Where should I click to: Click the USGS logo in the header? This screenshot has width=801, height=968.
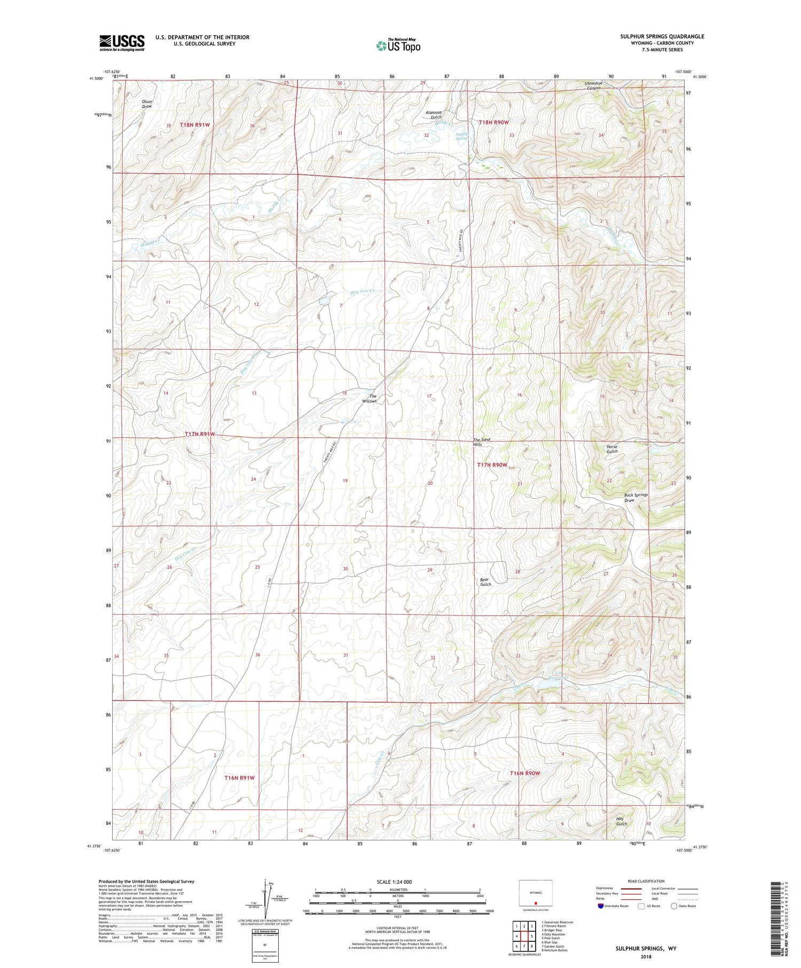(x=122, y=43)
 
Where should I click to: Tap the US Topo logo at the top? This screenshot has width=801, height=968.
(x=398, y=45)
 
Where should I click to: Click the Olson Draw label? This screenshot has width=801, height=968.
(x=147, y=104)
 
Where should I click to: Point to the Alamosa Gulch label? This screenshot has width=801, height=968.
(x=433, y=115)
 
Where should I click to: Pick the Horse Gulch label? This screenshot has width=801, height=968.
(x=611, y=449)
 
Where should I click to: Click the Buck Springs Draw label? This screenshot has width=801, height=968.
(x=635, y=498)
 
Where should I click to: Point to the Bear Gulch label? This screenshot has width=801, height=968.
(x=485, y=581)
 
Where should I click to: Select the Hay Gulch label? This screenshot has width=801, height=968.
(x=621, y=821)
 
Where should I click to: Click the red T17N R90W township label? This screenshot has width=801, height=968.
(x=492, y=465)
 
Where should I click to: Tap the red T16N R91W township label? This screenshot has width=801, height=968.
(x=239, y=778)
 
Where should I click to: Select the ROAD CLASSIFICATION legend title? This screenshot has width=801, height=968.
(x=646, y=881)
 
